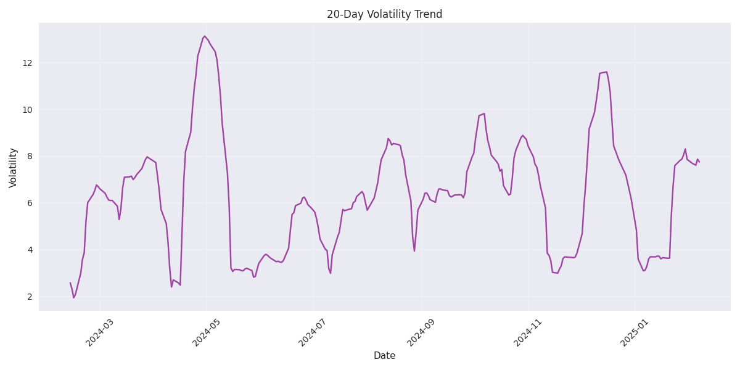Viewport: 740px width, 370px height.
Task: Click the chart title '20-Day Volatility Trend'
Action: [384, 14]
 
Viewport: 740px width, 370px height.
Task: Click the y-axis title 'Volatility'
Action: [13, 167]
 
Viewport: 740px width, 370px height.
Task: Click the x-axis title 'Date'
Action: [384, 356]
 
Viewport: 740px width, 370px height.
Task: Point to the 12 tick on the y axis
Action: [29, 63]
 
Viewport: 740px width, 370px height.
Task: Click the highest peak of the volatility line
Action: [205, 36]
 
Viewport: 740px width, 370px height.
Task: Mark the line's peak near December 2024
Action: [606, 72]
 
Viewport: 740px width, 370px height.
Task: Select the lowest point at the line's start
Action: [74, 298]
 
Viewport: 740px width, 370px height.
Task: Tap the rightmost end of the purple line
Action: [699, 162]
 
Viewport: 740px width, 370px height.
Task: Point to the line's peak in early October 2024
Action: [484, 113]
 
